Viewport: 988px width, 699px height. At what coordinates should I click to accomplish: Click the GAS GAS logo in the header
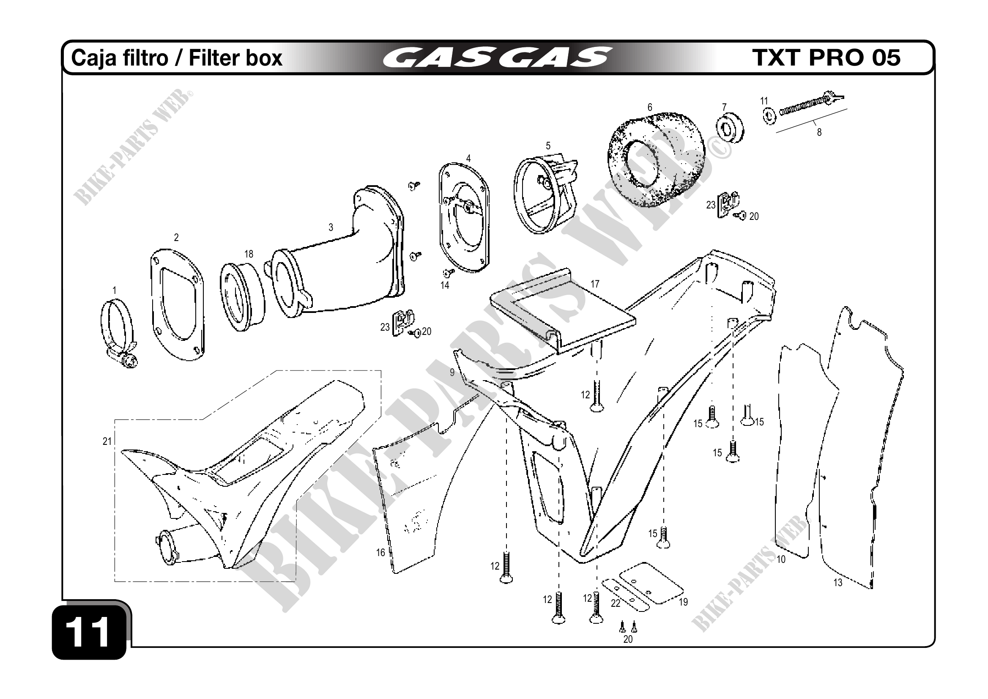pyautogui.click(x=497, y=57)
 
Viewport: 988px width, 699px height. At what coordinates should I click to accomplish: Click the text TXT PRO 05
pyautogui.click(x=826, y=57)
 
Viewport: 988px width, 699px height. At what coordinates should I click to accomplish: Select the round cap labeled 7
pyautogui.click(x=731, y=126)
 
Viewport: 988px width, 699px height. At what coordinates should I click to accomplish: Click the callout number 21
pyautogui.click(x=107, y=441)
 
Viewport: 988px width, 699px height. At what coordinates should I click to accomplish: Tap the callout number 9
pyautogui.click(x=452, y=372)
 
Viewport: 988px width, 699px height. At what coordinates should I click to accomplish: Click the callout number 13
pyautogui.click(x=837, y=583)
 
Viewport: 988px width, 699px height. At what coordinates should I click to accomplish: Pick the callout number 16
pyautogui.click(x=380, y=553)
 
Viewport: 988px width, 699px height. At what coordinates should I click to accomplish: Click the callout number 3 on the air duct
pyautogui.click(x=331, y=227)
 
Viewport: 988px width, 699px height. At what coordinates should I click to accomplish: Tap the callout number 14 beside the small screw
pyautogui.click(x=444, y=285)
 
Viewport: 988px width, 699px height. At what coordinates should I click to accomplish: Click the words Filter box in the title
pyautogui.click(x=235, y=58)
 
